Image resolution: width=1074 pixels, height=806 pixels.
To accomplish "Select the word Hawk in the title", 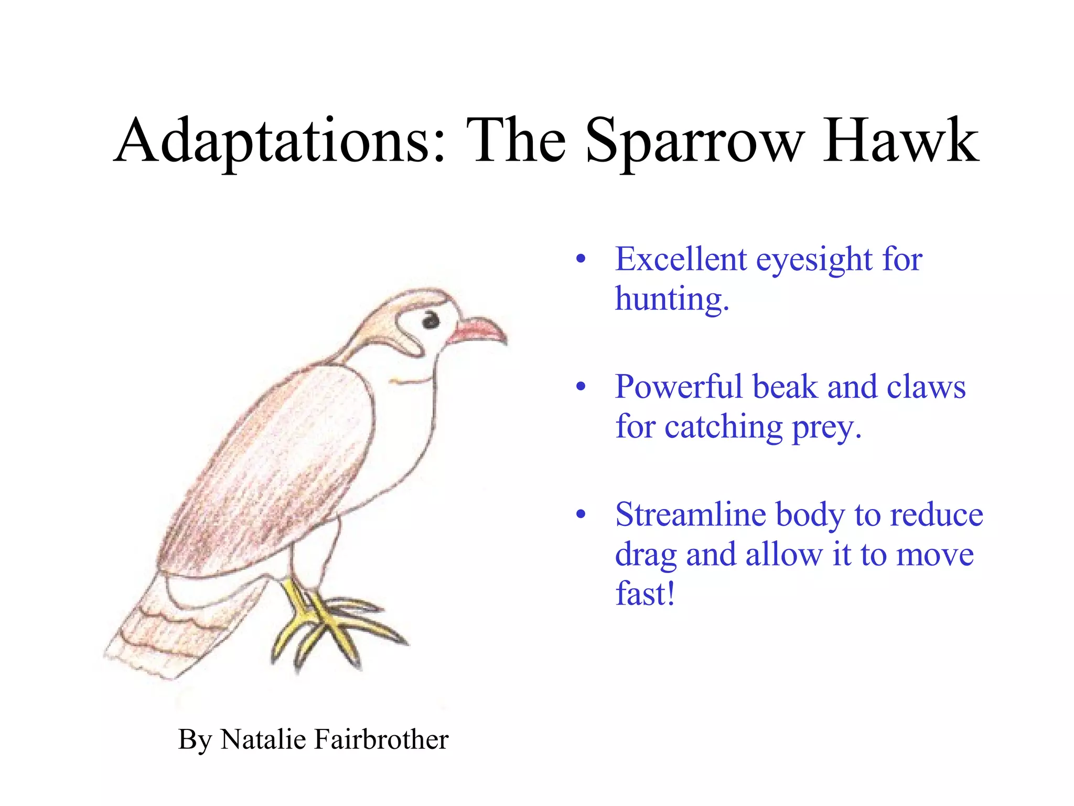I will pos(900,141).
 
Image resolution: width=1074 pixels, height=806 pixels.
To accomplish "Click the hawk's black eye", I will pos(431,320).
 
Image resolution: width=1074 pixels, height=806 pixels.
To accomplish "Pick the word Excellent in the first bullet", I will pos(681,259).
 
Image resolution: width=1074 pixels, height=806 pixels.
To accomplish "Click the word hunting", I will pos(671,299).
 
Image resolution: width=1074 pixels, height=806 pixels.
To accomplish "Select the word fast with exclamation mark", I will pos(645,594).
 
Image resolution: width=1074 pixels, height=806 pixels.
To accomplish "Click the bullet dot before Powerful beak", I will pos(580,387).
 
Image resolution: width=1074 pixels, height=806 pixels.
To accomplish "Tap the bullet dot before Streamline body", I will pos(580,515).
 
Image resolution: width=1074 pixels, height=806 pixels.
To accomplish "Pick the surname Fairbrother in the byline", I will pos(381,739).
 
